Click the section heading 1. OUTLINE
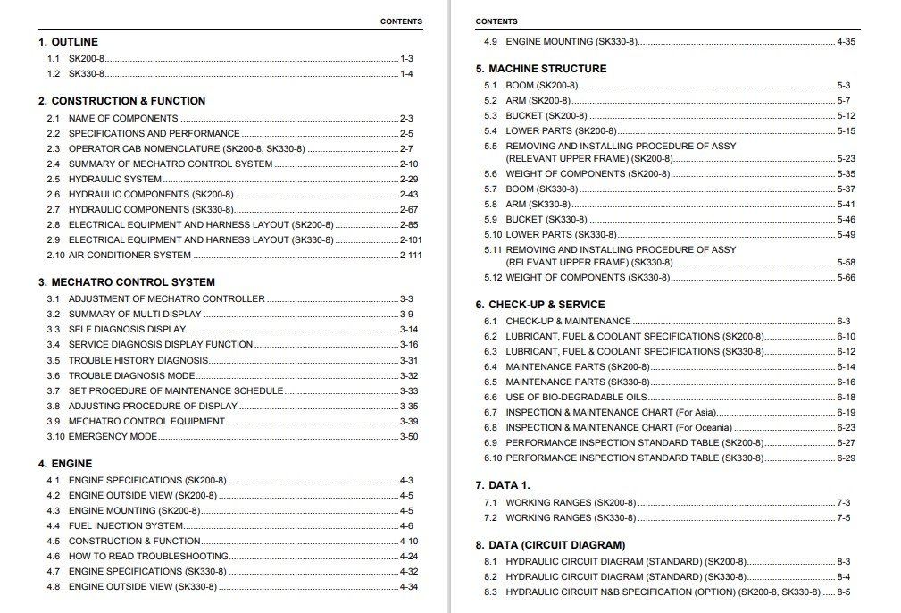point(68,42)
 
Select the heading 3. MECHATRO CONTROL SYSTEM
point(126,282)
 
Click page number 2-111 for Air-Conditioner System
point(411,256)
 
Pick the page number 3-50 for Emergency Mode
point(408,437)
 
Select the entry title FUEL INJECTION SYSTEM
point(126,526)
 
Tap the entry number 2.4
point(54,164)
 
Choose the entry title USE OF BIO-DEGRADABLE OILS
point(576,398)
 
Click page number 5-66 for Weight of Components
point(846,278)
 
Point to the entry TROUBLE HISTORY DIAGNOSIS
point(138,361)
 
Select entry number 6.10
point(493,458)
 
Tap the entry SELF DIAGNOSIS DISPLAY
point(127,330)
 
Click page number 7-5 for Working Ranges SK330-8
point(844,518)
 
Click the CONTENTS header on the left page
point(401,21)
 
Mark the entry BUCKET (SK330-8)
point(546,220)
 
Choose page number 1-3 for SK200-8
point(406,58)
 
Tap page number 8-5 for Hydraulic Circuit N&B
point(844,592)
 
